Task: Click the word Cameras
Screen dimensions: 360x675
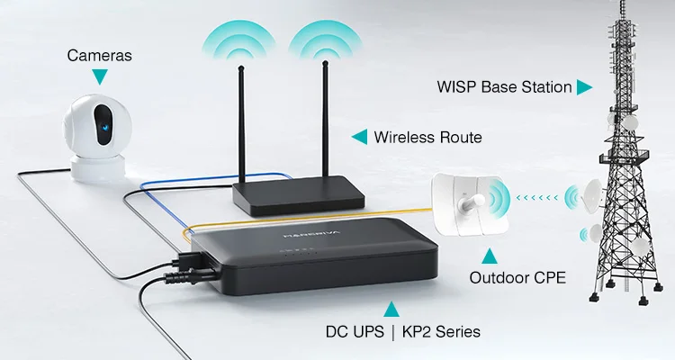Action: click(99, 56)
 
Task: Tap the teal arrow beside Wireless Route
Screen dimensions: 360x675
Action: click(359, 137)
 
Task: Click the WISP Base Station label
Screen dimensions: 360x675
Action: click(504, 87)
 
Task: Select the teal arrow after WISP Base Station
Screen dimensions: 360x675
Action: click(584, 87)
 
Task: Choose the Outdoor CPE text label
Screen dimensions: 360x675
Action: click(517, 278)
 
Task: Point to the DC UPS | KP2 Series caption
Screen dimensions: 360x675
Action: click(402, 332)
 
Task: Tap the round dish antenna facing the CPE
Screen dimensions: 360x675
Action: click(589, 191)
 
